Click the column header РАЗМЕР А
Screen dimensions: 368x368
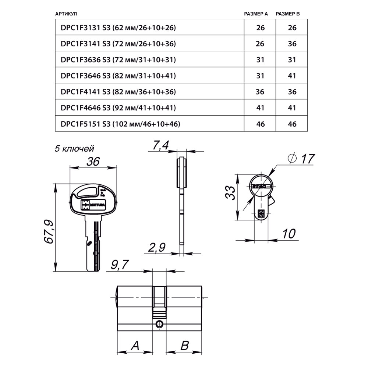tap(256, 14)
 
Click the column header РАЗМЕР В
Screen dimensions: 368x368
tap(288, 14)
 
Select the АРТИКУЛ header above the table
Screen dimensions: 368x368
tap(66, 14)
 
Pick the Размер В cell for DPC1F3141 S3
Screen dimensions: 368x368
tap(292, 44)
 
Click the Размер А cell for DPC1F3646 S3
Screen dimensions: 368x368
tap(260, 76)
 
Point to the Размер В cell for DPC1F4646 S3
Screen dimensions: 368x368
tap(292, 108)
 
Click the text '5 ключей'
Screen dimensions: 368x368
tap(74, 149)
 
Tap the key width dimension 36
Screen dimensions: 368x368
tap(93, 162)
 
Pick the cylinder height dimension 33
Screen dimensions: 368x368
tap(230, 192)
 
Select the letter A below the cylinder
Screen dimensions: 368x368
tap(135, 346)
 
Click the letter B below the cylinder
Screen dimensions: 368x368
tap(184, 346)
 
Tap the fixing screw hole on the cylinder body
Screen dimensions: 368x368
tap(159, 324)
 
